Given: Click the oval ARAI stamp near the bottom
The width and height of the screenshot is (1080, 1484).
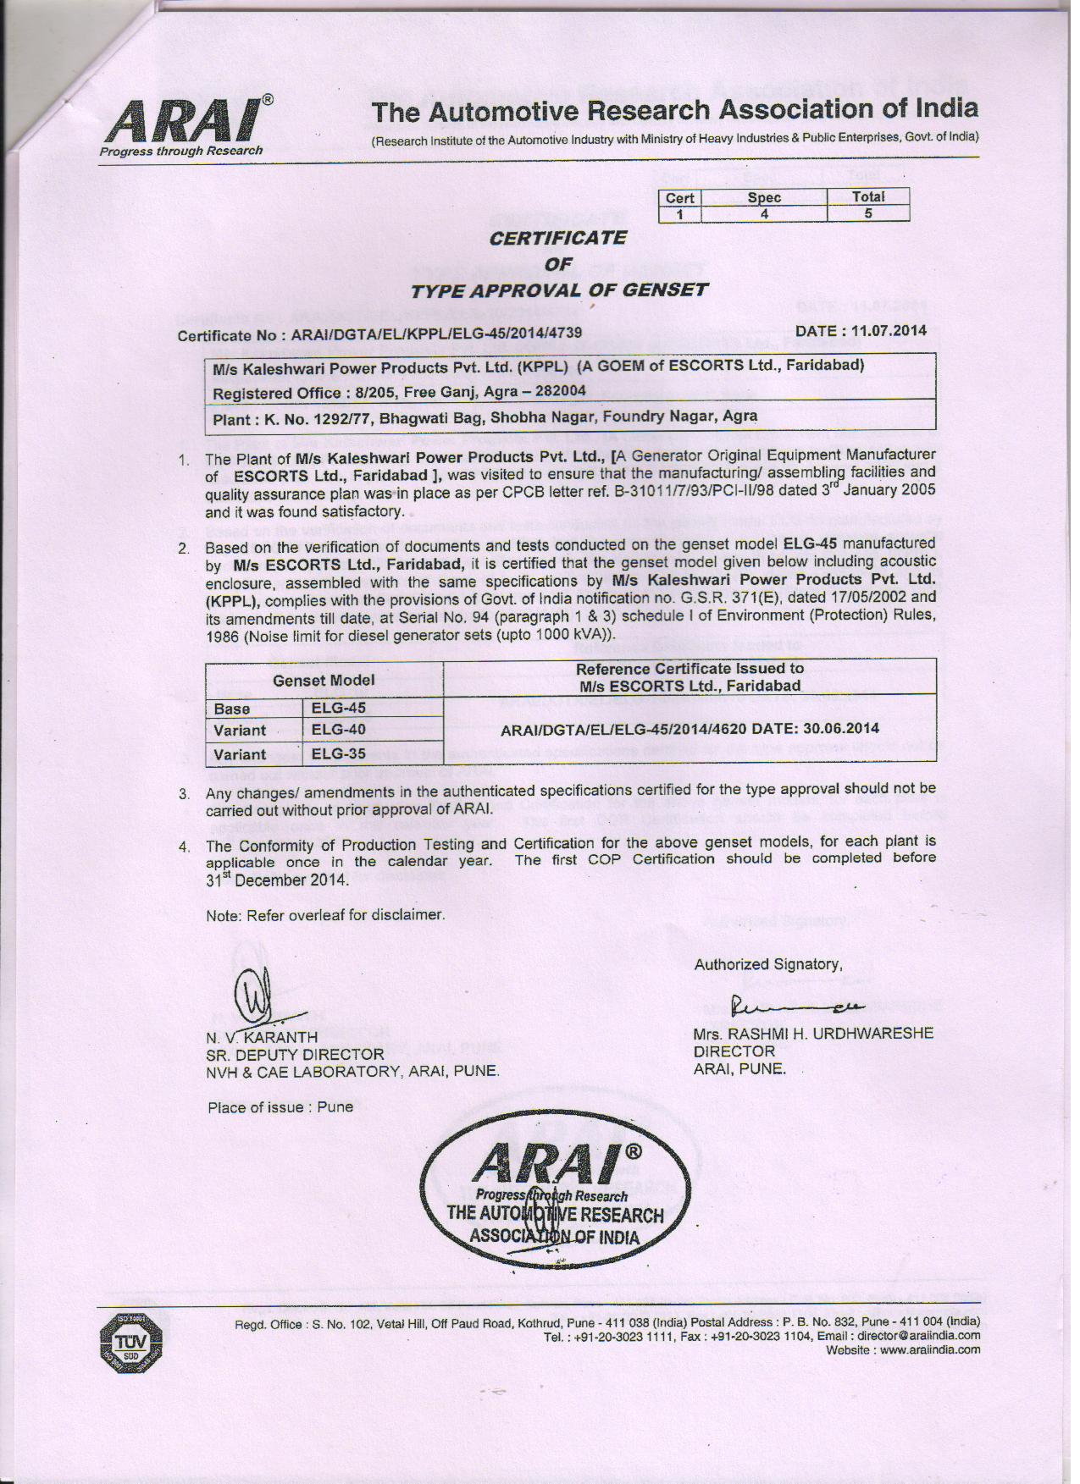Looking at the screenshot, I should [555, 1193].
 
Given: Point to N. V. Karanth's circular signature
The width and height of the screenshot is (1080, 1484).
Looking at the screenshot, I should [255, 996].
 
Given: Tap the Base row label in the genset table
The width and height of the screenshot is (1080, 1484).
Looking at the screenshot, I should [232, 709].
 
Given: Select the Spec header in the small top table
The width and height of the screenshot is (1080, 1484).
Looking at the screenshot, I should [764, 197].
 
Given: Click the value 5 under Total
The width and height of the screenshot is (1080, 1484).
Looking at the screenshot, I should [868, 213].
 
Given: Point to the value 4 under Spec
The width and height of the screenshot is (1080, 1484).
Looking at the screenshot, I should [764, 213].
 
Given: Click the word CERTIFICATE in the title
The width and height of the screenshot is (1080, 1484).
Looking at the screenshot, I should [558, 238].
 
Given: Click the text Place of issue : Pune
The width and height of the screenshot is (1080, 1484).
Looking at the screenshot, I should [280, 1107].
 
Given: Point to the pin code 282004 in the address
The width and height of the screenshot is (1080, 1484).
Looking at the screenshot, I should [556, 392].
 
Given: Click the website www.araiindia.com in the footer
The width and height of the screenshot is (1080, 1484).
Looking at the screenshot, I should [929, 1349].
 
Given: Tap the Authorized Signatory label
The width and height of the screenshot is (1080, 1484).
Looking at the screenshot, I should [768, 964].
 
